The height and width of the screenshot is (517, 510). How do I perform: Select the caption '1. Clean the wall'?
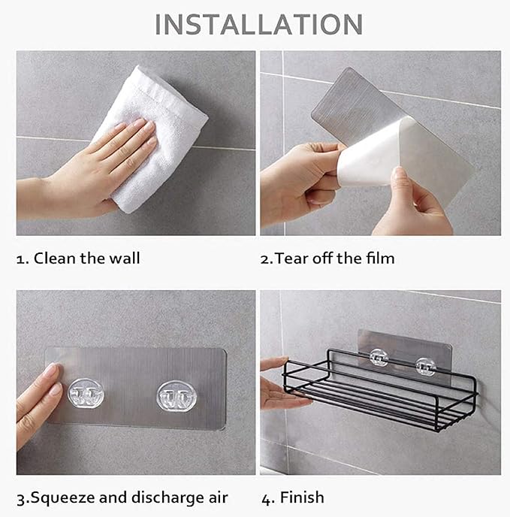(78, 258)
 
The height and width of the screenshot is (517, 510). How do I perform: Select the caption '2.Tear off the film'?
(327, 258)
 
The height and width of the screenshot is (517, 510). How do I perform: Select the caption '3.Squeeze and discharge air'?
(122, 497)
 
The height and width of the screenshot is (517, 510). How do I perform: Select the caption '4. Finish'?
(292, 497)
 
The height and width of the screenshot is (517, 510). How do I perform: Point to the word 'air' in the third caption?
(216, 497)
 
